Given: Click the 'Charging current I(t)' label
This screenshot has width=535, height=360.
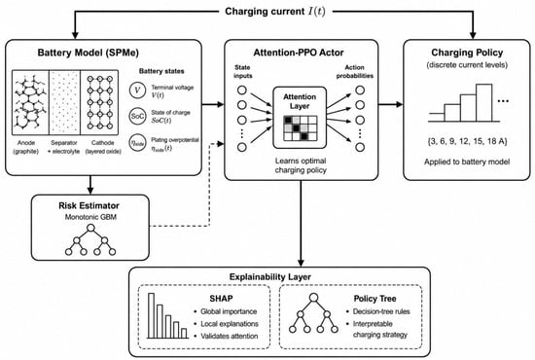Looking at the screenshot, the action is coord(275,12).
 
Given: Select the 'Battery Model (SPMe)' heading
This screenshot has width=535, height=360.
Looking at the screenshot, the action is coord(88,53).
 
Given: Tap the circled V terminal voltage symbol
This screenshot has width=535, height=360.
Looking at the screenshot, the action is coord(137,90).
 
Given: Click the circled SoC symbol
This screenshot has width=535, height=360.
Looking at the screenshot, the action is coord(137,116).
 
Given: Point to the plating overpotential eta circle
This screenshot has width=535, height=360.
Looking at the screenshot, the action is coord(137,143).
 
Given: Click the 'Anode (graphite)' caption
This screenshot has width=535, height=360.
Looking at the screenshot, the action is coord(26,147).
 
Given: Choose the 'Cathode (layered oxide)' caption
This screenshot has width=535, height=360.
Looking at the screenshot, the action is coord(103,147).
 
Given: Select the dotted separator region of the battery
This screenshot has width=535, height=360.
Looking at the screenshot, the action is coord(64,102).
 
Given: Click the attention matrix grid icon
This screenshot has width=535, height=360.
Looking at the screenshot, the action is coord(301,128).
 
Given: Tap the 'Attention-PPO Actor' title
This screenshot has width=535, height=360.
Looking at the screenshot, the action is coord(299,53).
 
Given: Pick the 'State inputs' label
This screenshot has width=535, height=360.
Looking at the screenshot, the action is coord(242,71).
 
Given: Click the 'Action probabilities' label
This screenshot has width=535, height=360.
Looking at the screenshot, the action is coord(354,71).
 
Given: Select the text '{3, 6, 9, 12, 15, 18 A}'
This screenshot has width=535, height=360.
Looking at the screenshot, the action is coord(467,141).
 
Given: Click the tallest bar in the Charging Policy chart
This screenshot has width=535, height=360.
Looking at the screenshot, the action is coord(484,103).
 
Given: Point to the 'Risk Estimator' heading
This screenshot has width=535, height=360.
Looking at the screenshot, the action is coord(89,205).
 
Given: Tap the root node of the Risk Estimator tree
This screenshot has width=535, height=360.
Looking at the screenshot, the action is coord(90,228).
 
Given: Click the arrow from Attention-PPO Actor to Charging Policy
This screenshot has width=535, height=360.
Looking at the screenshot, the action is coord(391,104).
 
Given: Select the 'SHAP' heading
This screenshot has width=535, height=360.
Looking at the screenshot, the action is coord(221,299).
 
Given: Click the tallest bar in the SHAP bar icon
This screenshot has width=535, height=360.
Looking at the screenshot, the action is coord(151,315).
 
